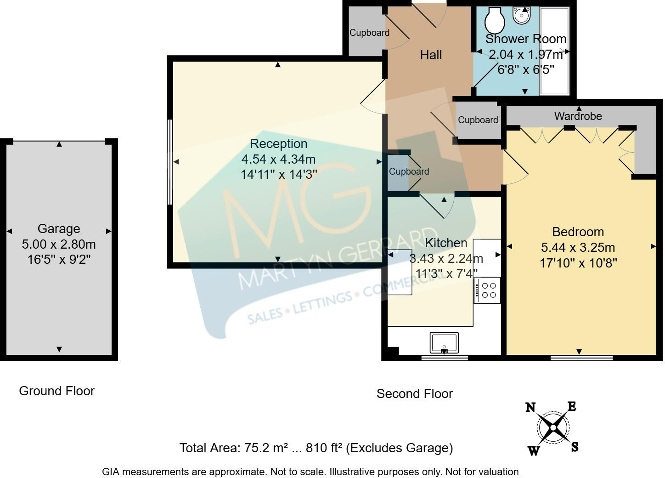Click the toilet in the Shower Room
[x=495, y=18]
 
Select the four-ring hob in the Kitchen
[x=488, y=290]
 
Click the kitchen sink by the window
[x=444, y=342]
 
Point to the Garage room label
[x=59, y=228]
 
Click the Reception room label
[x=278, y=144]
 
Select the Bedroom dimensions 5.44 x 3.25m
[x=578, y=248]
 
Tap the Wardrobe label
[x=578, y=116]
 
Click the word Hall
[x=431, y=55]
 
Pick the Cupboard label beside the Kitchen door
[x=409, y=171]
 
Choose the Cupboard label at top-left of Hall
[x=369, y=33]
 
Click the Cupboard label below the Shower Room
[x=478, y=120]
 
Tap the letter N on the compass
[x=530, y=407]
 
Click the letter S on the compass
[x=575, y=446]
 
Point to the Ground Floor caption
[x=56, y=391]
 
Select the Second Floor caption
[x=414, y=394]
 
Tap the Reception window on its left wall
[x=169, y=162]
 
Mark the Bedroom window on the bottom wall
[x=581, y=357]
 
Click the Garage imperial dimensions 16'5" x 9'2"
[x=59, y=260]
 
